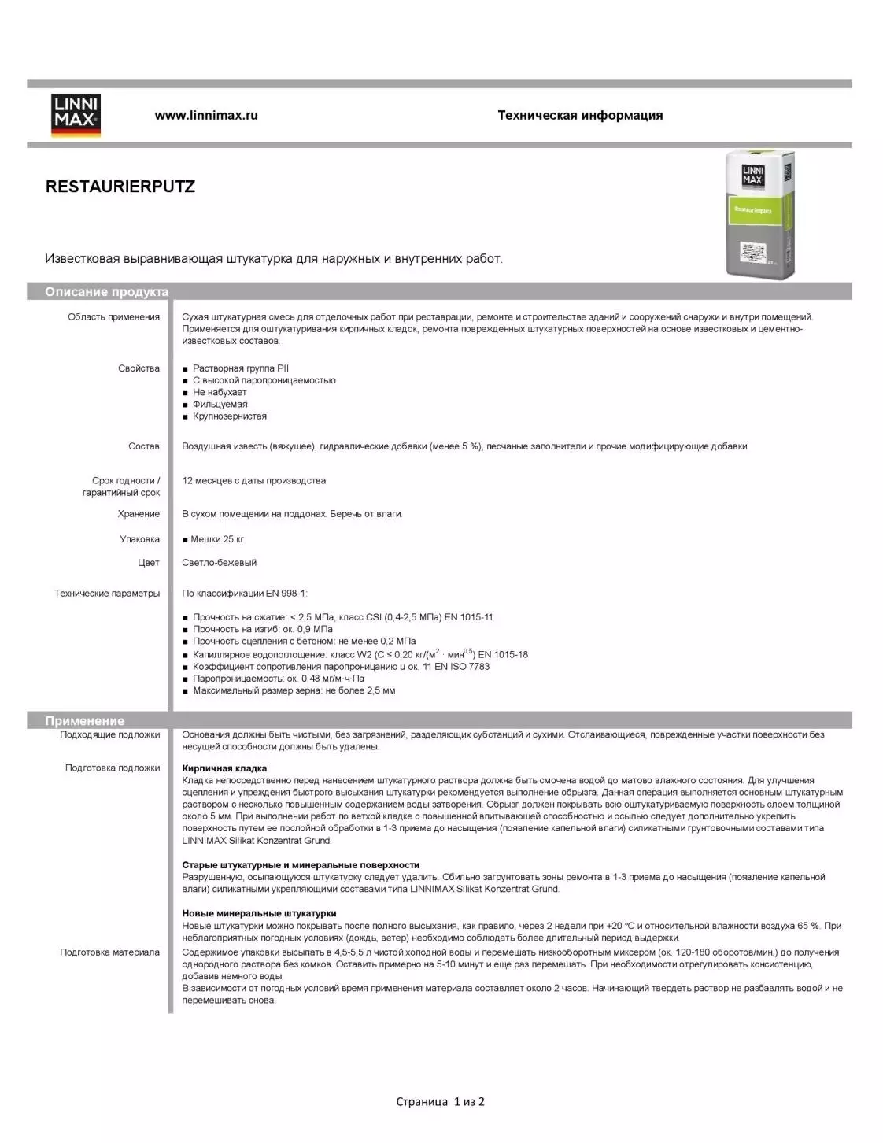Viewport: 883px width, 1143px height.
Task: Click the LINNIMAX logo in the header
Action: pos(76,115)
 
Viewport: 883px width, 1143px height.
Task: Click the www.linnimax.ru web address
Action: pos(206,115)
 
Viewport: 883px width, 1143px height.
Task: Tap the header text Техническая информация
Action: pos(580,115)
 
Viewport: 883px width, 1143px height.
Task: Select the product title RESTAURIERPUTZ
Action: pos(120,187)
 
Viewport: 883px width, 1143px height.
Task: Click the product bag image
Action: pos(759,213)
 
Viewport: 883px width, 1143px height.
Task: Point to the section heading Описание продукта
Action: pos(106,292)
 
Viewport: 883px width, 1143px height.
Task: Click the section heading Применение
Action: pos(85,720)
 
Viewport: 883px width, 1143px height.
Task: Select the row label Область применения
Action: pos(113,317)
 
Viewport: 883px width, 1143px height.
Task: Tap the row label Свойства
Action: pos(139,368)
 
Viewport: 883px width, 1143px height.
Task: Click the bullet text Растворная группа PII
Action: pos(241,368)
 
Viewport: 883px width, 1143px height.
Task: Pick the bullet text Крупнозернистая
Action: pos(230,416)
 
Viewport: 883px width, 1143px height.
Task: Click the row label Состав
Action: pos(144,446)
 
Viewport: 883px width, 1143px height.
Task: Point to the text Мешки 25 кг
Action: pos(217,539)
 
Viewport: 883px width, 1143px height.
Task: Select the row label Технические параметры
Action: pos(107,594)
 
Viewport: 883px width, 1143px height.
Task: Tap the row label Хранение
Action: pos(139,514)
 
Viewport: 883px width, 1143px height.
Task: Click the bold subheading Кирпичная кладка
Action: pos(224,768)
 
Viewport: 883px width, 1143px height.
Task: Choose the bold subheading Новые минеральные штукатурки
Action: pos(259,913)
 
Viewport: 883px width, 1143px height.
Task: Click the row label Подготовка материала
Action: pos(109,952)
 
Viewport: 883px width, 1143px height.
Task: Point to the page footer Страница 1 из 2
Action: pos(440,1101)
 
